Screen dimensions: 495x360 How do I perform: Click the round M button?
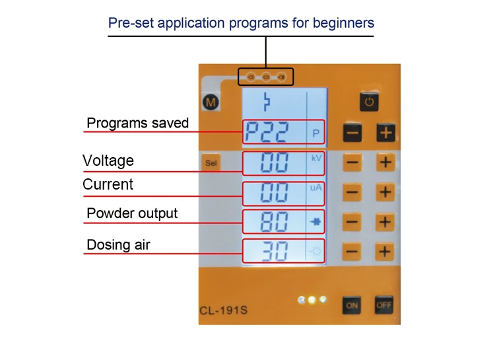pyautogui.click(x=212, y=102)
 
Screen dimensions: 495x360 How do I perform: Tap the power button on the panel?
pyautogui.click(x=369, y=102)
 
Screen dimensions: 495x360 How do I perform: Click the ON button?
pyautogui.click(x=352, y=305)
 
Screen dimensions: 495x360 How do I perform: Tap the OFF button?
pyautogui.click(x=383, y=305)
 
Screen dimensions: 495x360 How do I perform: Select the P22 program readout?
pyautogui.click(x=267, y=133)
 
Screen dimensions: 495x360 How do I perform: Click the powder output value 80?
pyautogui.click(x=274, y=222)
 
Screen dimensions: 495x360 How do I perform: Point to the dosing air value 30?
pyautogui.click(x=274, y=252)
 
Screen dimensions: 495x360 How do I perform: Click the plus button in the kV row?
pyautogui.click(x=385, y=162)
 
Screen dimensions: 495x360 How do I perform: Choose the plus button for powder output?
pyautogui.click(x=385, y=222)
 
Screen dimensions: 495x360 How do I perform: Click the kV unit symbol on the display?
pyautogui.click(x=316, y=159)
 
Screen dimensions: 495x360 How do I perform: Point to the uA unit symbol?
pyautogui.click(x=316, y=188)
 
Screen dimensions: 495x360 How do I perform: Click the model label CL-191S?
pyautogui.click(x=223, y=310)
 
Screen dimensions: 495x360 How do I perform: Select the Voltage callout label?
pyautogui.click(x=108, y=161)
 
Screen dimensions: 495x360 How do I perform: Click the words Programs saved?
pyautogui.click(x=137, y=123)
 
